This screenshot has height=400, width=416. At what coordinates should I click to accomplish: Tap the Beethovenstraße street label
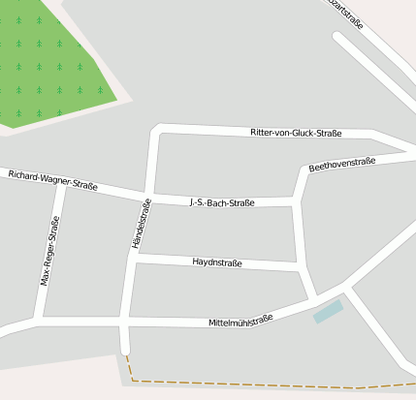[341, 165]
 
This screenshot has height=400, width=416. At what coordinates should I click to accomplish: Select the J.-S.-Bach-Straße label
[222, 202]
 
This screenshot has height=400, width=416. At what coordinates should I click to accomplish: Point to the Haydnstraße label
[217, 262]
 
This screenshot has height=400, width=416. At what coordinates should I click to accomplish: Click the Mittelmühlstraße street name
[240, 321]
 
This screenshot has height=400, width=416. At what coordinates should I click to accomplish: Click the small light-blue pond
[328, 311]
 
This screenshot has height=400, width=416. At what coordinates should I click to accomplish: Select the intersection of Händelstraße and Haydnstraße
[136, 257]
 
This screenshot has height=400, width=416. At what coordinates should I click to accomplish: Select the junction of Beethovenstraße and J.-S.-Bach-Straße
[297, 200]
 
